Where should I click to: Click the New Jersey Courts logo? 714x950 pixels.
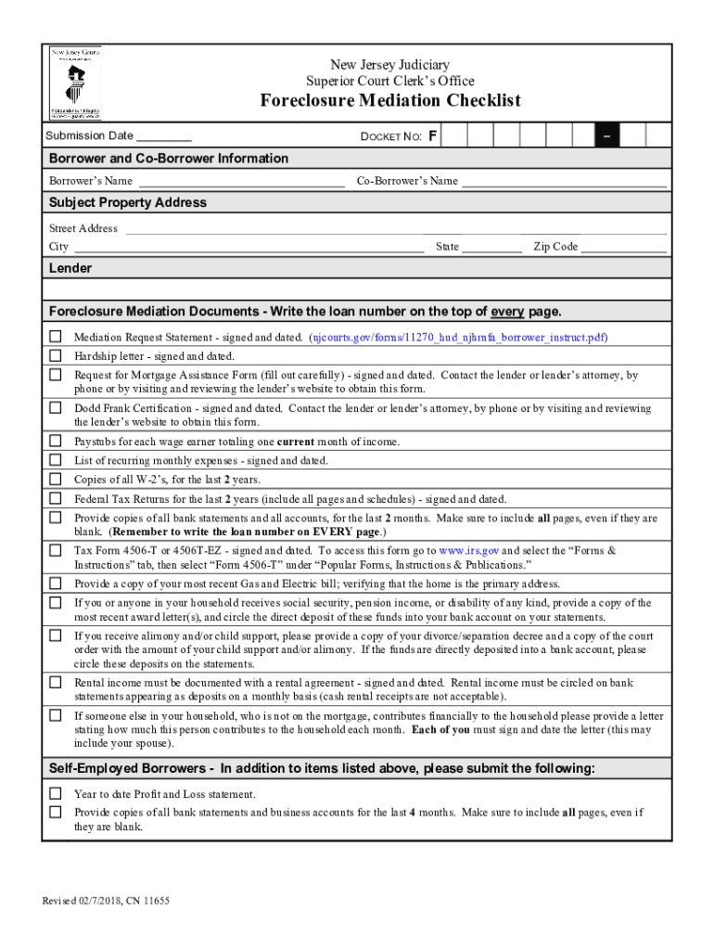[75, 83]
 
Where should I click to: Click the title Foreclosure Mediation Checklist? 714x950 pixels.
[389, 101]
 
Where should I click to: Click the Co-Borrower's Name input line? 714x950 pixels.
[564, 182]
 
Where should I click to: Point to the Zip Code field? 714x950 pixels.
[623, 248]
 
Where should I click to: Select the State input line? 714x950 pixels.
[491, 248]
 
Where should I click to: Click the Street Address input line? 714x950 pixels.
[395, 229]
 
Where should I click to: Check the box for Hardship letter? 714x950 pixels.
[56, 355]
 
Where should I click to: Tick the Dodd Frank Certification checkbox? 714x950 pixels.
[56, 408]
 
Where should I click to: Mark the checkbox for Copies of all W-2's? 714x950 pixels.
[56, 480]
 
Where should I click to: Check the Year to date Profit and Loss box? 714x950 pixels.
[56, 794]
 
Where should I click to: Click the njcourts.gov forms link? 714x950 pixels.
[460, 338]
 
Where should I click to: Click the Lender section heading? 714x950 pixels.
[70, 268]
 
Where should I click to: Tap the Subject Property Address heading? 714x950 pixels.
[128, 202]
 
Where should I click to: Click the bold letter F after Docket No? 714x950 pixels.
[433, 137]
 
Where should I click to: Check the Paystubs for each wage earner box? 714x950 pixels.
[56, 442]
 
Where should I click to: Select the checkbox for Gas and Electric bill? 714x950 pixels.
[56, 584]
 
